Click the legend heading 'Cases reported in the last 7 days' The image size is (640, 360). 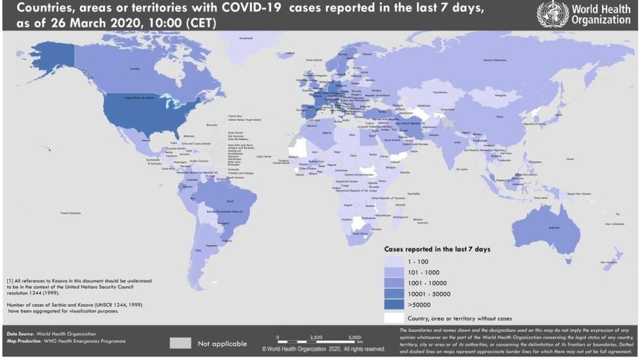[437, 250]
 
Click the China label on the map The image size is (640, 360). [500, 117]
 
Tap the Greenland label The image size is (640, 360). [246, 39]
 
